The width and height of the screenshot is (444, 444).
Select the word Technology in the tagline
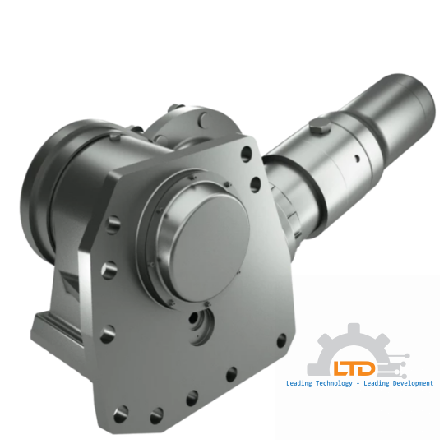pyautogui.click(x=330, y=383)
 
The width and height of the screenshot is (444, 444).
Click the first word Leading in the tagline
pyautogui.click(x=297, y=383)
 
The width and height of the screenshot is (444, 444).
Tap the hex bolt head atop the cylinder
pyautogui.click(x=321, y=126)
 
